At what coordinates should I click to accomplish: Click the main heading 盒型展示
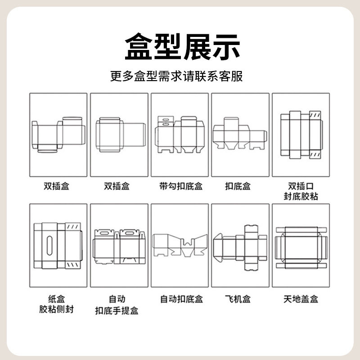coord(180,47)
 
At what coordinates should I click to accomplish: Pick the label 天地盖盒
coord(301,299)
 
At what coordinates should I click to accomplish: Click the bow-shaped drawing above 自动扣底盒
coord(180,245)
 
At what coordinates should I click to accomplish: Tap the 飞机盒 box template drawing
coord(240,247)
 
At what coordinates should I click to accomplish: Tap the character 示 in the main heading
coord(223,47)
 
